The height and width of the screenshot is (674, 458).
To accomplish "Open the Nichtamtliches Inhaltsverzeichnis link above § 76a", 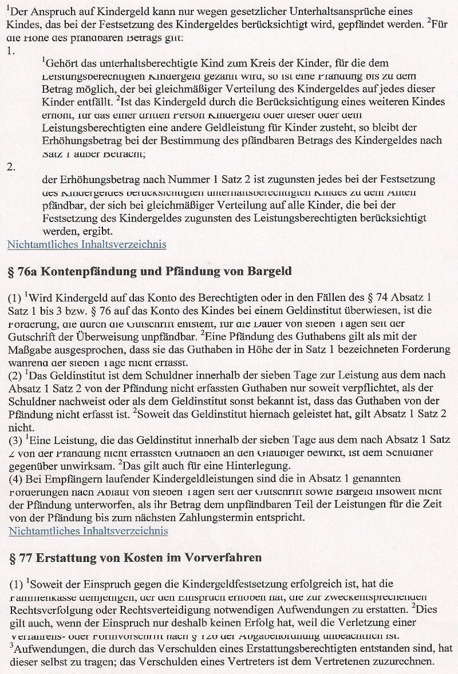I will [x=86, y=244].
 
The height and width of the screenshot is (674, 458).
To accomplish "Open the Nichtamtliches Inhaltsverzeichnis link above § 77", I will [x=88, y=530].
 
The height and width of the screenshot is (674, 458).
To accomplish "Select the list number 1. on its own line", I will [x=10, y=51].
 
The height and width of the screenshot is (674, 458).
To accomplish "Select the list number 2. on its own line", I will [x=10, y=166].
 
